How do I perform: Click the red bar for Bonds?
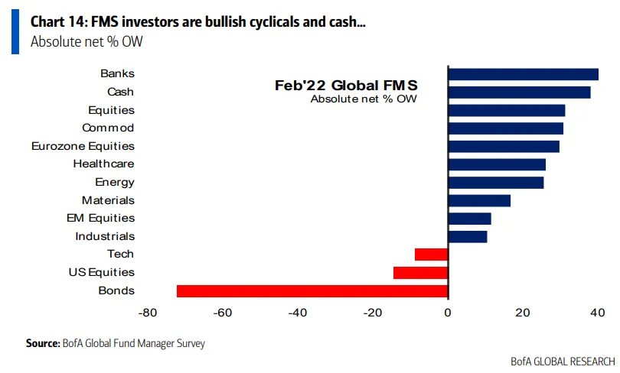point(312,290)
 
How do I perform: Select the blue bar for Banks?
point(523,74)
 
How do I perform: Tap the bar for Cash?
point(519,92)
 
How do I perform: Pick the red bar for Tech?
point(431,255)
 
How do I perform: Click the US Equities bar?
point(420,272)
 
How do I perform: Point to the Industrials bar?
point(467,236)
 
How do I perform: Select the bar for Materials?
point(479,200)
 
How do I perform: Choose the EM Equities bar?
point(469,219)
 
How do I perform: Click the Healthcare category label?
point(103,164)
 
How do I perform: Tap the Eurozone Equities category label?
point(83,146)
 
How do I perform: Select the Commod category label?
point(108,128)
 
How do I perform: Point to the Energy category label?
point(115,182)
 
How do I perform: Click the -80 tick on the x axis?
point(148,312)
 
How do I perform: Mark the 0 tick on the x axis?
point(448,312)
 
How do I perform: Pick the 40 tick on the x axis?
point(598,312)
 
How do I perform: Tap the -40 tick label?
point(298,312)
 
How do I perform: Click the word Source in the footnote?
point(42,344)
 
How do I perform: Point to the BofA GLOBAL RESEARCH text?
point(563,361)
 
